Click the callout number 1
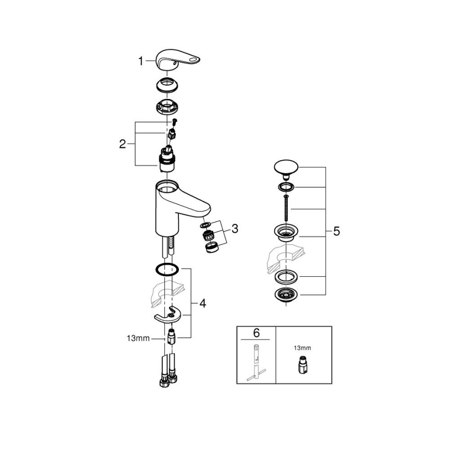tap(140, 61)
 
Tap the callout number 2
tap(122, 144)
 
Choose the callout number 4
tap(203, 303)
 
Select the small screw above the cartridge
tap(175, 122)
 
